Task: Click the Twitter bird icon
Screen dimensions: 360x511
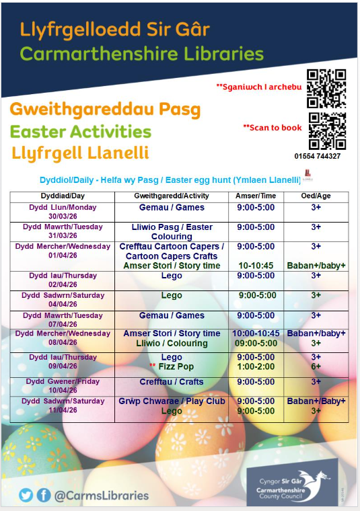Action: (26, 495)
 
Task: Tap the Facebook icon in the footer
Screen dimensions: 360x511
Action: (44, 495)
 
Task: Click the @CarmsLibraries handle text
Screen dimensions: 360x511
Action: (101, 496)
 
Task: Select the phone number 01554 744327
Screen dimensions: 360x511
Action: (318, 157)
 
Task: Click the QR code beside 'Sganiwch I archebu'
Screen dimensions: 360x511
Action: (326, 88)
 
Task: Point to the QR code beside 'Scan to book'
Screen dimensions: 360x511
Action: (326, 130)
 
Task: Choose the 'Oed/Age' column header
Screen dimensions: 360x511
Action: (316, 195)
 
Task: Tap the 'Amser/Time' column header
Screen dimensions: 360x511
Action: (256, 195)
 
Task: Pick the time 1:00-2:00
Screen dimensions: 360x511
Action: (256, 366)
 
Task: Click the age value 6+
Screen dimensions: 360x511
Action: (316, 366)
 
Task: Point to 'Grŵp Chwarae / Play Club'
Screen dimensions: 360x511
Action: (172, 401)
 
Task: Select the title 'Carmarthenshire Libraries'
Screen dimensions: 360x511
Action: (142, 53)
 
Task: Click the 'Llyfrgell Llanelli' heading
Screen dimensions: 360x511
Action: (80, 153)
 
